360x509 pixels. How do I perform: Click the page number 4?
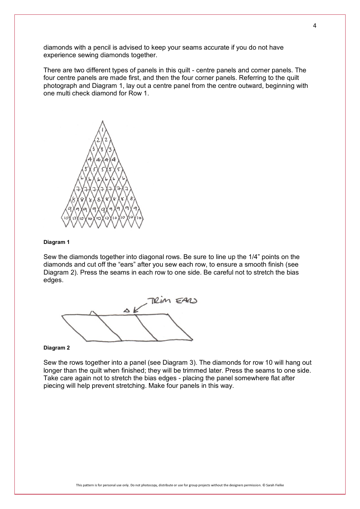point(315,26)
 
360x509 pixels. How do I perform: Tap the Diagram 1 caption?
point(56,242)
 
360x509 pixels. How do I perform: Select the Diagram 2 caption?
point(56,348)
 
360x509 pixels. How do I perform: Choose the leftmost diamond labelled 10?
point(65,219)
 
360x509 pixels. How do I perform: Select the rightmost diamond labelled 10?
point(139,219)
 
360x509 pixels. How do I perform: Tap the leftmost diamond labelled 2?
point(98,140)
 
